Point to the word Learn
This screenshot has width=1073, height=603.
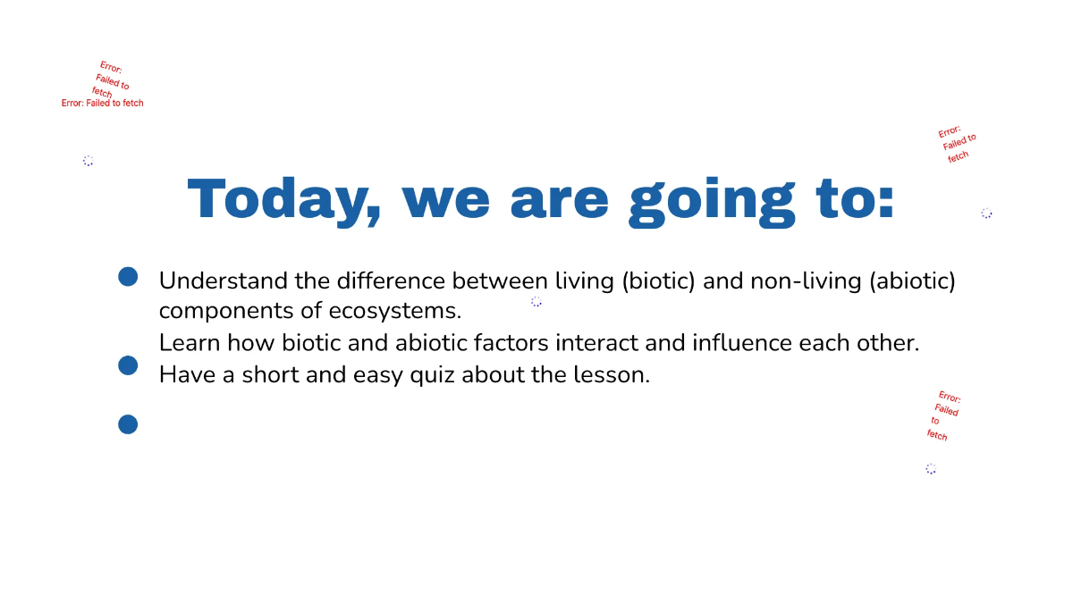(x=189, y=343)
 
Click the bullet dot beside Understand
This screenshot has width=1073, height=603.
(x=128, y=277)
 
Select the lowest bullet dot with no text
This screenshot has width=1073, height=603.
(x=128, y=424)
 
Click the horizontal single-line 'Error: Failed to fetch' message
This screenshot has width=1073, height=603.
(x=102, y=104)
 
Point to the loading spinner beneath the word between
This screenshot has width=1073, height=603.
(x=536, y=302)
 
